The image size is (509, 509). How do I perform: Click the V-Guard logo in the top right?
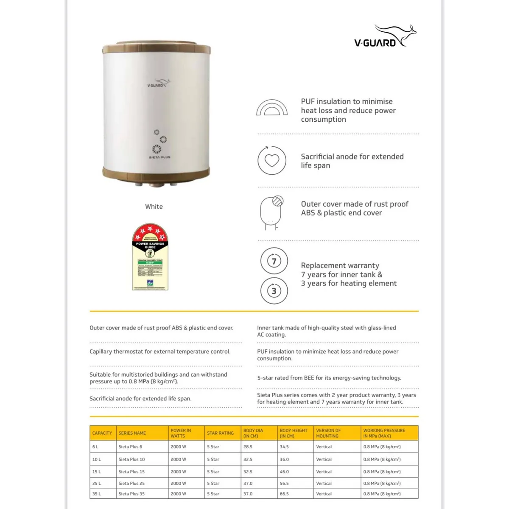point(384,36)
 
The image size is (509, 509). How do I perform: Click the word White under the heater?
point(154,207)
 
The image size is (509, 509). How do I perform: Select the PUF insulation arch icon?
point(272,108)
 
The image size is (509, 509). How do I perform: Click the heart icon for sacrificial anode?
point(272,160)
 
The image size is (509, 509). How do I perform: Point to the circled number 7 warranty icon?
point(274,261)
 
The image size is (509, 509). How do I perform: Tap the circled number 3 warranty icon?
point(274,291)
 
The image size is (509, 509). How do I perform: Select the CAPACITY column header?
point(102,433)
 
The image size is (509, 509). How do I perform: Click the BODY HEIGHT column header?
point(294,433)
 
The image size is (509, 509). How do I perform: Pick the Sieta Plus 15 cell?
point(131,472)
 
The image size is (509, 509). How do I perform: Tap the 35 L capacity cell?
point(96,494)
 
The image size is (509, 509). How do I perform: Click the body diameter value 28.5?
point(248,447)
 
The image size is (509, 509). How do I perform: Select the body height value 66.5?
point(284,494)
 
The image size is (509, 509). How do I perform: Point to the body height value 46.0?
point(284,472)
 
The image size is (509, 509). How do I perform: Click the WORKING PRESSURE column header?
point(384,433)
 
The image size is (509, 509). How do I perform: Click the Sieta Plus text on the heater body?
point(159,157)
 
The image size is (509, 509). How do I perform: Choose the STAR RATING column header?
point(220,433)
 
